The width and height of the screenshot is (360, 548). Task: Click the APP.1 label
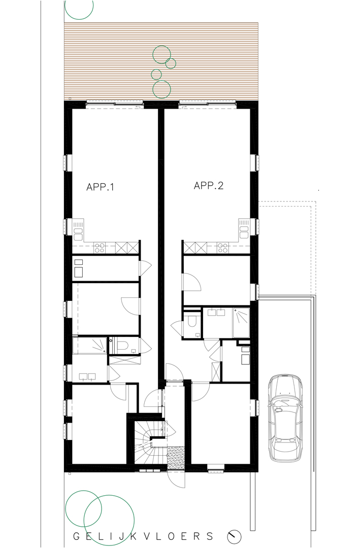101,187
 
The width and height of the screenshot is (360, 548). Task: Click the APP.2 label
209,186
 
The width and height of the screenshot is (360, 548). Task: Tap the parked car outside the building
285,418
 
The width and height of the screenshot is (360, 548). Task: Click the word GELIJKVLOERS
143,536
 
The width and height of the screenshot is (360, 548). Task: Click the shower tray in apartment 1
89,346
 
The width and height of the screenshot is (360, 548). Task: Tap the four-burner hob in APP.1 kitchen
100,248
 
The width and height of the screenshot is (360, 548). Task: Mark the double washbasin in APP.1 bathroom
87,376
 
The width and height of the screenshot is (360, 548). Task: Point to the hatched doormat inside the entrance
176,458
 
